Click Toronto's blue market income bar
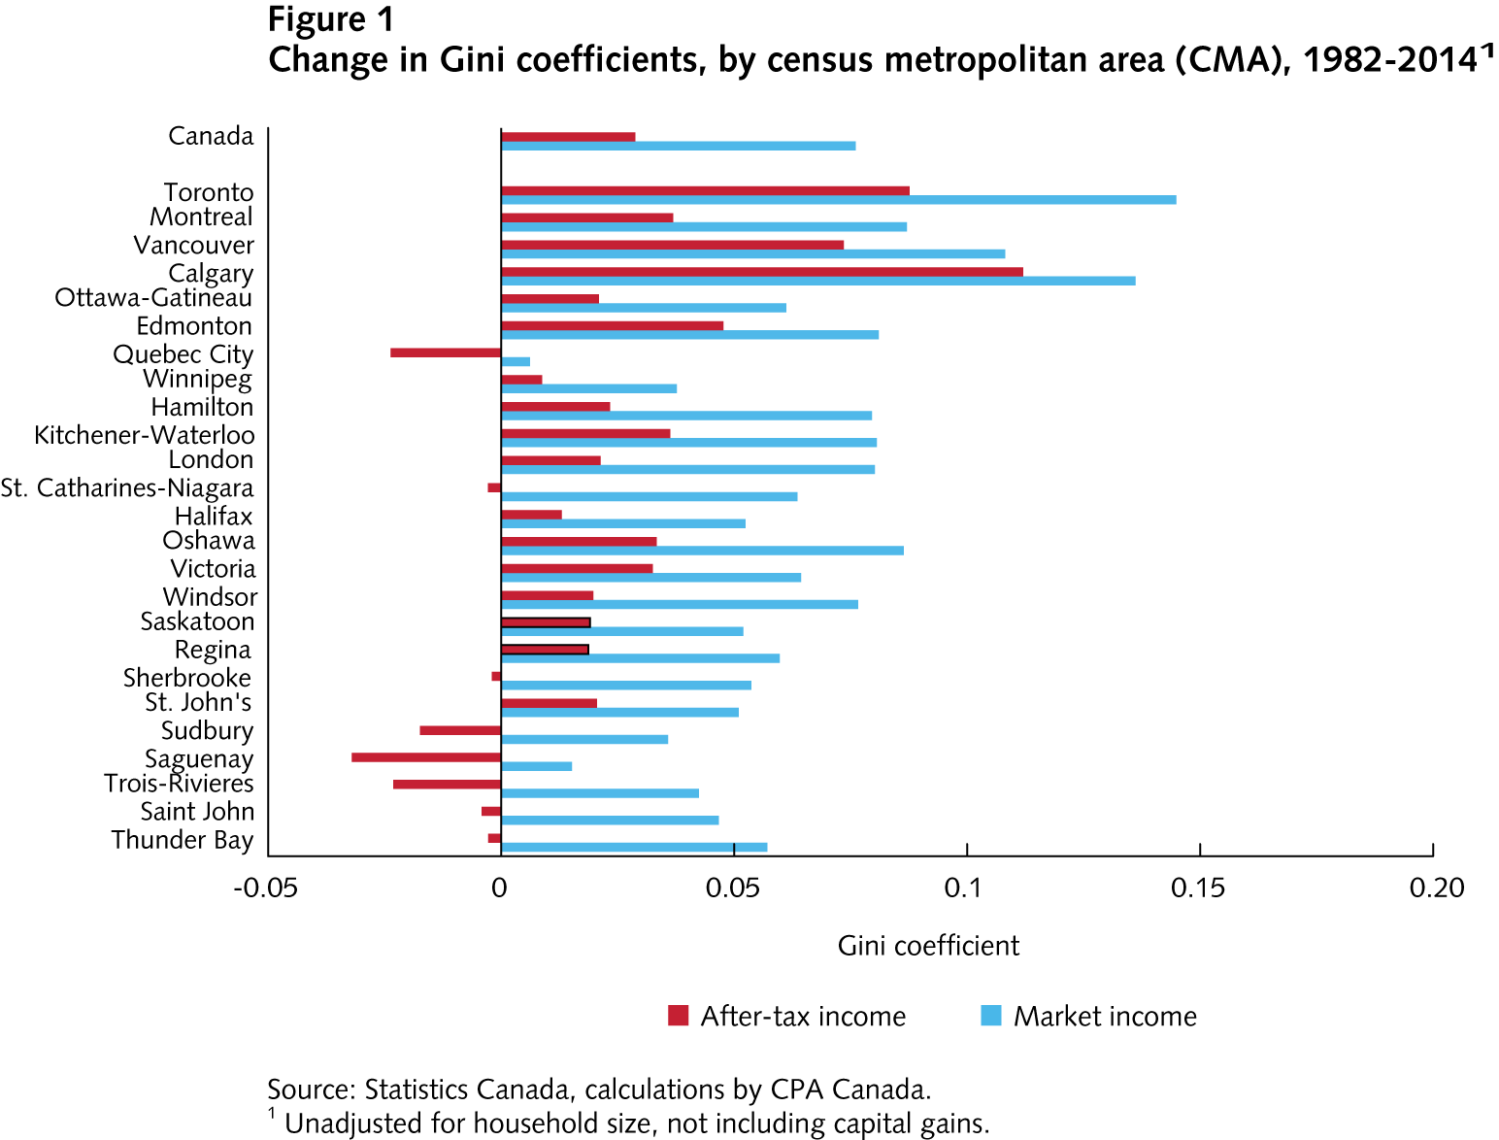(x=838, y=200)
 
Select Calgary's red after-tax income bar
(x=761, y=272)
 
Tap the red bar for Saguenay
(x=425, y=756)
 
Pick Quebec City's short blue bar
(x=516, y=362)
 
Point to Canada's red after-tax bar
(x=568, y=137)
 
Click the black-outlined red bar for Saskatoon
(x=546, y=622)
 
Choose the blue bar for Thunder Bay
(x=634, y=847)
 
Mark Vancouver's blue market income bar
(x=752, y=254)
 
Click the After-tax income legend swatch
(x=678, y=1016)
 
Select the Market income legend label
(x=1105, y=1017)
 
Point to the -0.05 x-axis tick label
(x=265, y=888)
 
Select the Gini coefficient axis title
(x=928, y=946)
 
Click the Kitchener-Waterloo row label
(x=145, y=435)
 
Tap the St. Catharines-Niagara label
(x=127, y=487)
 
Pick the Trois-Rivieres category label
(x=179, y=784)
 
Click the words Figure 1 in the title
(x=331, y=19)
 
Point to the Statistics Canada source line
(x=599, y=1090)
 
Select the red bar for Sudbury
(x=460, y=730)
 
